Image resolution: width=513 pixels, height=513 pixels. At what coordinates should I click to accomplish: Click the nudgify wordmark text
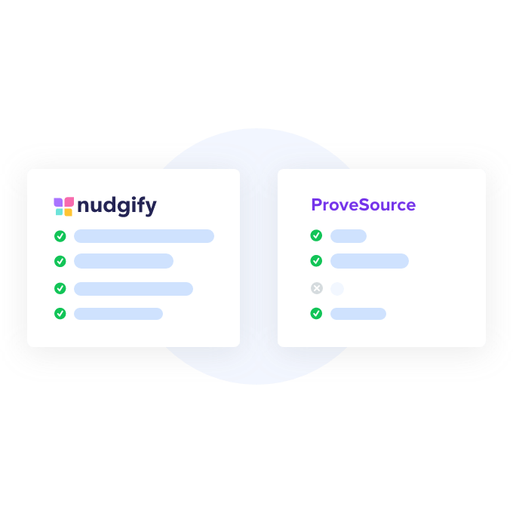pyautogui.click(x=117, y=205)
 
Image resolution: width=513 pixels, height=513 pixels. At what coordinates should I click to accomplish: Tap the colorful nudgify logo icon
pyautogui.click(x=63, y=206)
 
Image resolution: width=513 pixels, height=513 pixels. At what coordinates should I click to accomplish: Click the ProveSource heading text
pyautogui.click(x=363, y=204)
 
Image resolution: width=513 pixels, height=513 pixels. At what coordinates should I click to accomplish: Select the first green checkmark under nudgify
pyautogui.click(x=60, y=236)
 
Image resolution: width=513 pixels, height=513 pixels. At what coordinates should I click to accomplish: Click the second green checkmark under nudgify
pyautogui.click(x=60, y=261)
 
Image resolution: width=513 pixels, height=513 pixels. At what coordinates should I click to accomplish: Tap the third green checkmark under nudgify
pyautogui.click(x=60, y=288)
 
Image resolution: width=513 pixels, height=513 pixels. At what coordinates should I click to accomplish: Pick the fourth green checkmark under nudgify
pyautogui.click(x=60, y=313)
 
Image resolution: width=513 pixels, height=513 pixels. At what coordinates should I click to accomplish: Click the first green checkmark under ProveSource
pyautogui.click(x=316, y=235)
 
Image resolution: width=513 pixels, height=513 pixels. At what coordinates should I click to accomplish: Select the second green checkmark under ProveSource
pyautogui.click(x=316, y=261)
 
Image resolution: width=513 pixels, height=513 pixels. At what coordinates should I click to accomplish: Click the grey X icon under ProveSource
pyautogui.click(x=316, y=288)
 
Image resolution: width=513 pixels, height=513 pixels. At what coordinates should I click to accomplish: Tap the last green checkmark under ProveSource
pyautogui.click(x=316, y=313)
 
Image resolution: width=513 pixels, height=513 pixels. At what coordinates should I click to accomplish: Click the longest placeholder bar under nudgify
pyautogui.click(x=143, y=236)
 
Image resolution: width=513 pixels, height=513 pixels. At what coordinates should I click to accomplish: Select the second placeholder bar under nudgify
pyautogui.click(x=123, y=261)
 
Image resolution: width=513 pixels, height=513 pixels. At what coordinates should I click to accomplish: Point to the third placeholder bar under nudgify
pyautogui.click(x=133, y=288)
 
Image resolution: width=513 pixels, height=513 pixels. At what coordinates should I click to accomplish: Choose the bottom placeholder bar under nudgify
pyautogui.click(x=118, y=313)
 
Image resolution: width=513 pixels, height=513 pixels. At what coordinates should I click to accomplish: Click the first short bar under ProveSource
pyautogui.click(x=348, y=236)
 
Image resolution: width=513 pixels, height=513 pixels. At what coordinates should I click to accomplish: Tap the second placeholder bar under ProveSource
pyautogui.click(x=369, y=261)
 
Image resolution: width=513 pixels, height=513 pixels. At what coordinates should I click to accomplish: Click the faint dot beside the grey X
pyautogui.click(x=336, y=288)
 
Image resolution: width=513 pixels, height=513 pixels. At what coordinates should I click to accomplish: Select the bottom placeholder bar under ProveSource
pyautogui.click(x=358, y=313)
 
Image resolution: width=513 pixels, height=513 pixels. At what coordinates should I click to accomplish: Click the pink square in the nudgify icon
pyautogui.click(x=68, y=201)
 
